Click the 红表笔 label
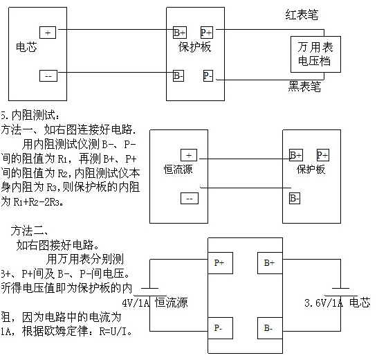pos(303,15)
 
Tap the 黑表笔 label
pos(304,87)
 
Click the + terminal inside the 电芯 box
pos(48,33)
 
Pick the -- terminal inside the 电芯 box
pos(48,75)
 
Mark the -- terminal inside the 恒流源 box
pos(188,199)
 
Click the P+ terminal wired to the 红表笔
pos(207,33)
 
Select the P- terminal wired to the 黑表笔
pos(209,75)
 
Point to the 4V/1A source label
pos(136,303)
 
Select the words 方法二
pos(26,230)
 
